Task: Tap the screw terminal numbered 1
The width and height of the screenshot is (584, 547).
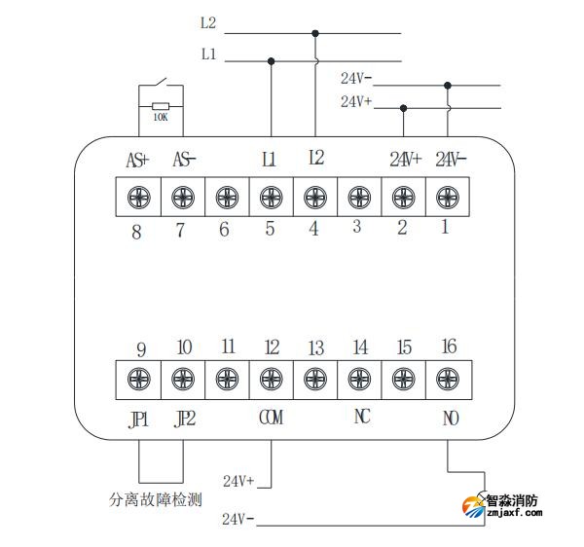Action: (447, 198)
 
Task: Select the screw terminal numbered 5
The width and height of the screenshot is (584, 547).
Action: (271, 198)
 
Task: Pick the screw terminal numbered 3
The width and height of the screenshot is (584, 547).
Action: (358, 198)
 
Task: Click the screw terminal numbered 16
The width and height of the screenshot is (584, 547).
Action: (447, 378)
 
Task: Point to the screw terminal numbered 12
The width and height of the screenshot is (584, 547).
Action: (271, 378)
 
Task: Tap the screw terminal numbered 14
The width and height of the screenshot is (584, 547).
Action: (358, 378)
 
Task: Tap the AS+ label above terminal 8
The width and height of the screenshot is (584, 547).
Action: (138, 159)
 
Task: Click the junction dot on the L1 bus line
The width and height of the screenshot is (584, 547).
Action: (271, 61)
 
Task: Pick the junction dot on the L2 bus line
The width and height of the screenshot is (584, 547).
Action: (314, 33)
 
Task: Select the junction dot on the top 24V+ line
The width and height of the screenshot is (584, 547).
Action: (403, 108)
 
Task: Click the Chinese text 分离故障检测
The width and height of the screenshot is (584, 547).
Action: (156, 500)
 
